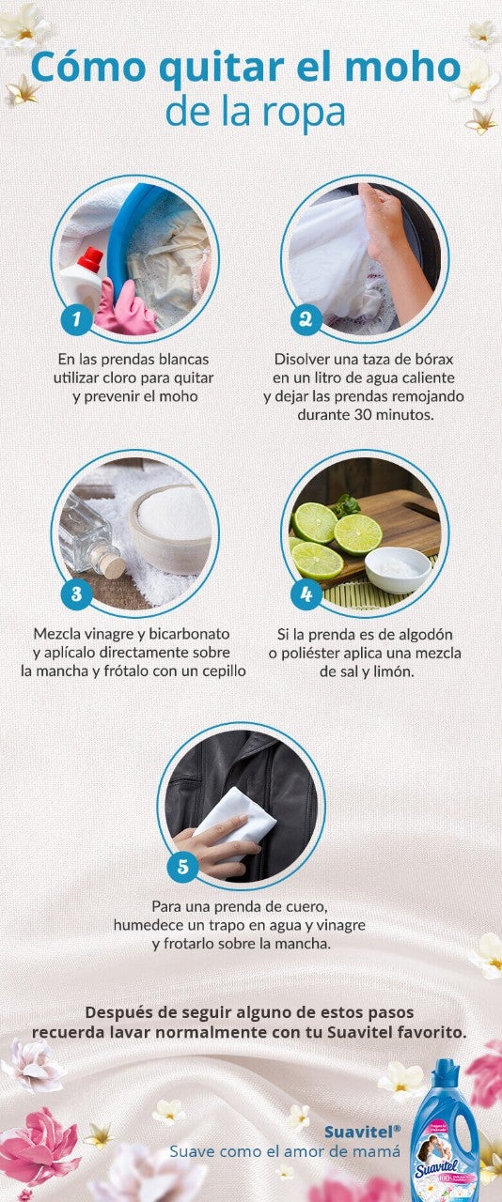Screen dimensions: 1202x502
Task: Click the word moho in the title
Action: pos(414,69)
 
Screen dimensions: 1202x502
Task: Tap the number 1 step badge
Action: pos(75,319)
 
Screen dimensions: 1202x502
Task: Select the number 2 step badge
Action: pos(306,319)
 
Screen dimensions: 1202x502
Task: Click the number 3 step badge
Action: pos(75,594)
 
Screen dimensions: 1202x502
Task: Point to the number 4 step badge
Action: pos(306,594)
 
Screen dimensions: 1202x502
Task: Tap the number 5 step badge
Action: pos(182,865)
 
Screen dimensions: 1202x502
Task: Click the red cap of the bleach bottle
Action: pos(90,258)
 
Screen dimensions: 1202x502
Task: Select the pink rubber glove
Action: pos(125,310)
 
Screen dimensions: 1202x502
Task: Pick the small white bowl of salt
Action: pos(397,568)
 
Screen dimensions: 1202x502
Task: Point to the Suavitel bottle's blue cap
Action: pos(447,1073)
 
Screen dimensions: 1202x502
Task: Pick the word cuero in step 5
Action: pos(306,907)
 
